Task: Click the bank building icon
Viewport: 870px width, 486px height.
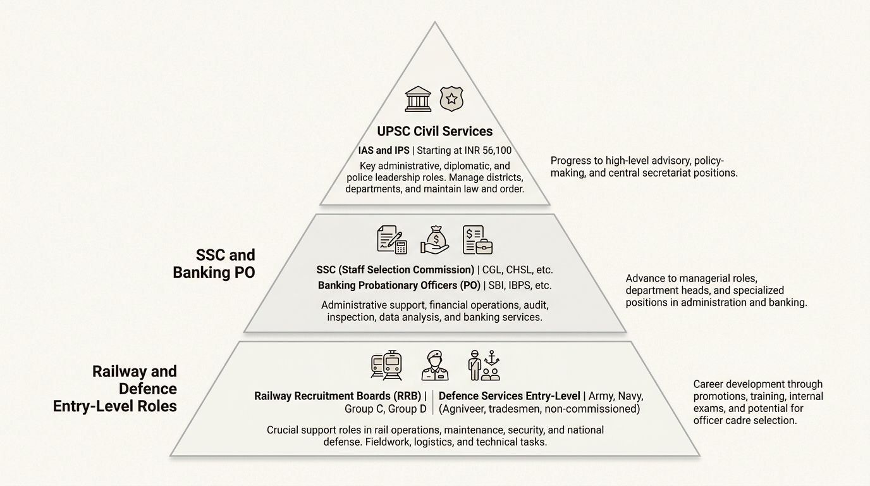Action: click(418, 99)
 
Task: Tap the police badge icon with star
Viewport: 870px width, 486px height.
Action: click(451, 99)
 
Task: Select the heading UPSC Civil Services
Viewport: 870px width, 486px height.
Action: click(434, 132)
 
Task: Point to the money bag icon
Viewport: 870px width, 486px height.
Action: click(435, 240)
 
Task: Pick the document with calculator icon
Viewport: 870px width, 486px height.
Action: click(391, 240)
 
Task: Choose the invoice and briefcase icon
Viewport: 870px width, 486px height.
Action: click(477, 240)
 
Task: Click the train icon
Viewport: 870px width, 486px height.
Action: click(386, 365)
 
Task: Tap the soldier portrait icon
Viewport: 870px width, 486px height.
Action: click(434, 365)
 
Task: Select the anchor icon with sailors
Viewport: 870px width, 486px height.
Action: click(484, 365)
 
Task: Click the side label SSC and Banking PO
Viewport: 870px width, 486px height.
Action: click(214, 264)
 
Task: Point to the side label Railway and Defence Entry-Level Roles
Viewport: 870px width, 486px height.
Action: click(116, 389)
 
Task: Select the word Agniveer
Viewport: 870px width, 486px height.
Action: click(467, 409)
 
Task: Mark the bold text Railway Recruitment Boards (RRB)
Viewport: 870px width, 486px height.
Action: click(338, 396)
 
